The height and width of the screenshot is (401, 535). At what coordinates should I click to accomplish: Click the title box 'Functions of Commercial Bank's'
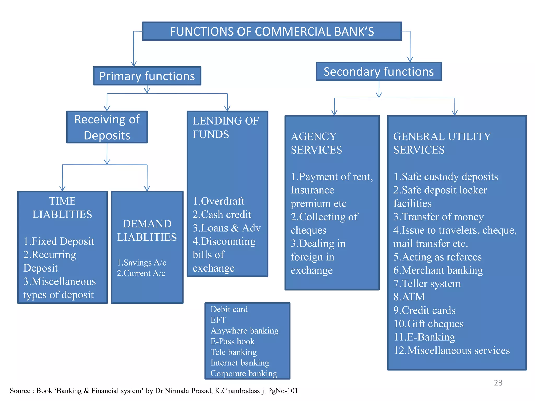click(272, 31)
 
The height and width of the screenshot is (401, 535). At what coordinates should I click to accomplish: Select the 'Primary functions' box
click(147, 76)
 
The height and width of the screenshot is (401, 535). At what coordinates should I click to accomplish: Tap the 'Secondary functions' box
click(379, 72)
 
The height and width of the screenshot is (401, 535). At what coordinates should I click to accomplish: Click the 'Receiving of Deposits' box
click(107, 127)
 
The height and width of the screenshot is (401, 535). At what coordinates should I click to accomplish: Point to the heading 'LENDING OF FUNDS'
click(225, 127)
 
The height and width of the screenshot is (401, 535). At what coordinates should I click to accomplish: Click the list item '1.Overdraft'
click(218, 201)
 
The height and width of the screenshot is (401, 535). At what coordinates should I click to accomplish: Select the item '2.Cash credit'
click(222, 214)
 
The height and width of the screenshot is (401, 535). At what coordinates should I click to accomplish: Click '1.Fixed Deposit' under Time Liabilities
click(59, 241)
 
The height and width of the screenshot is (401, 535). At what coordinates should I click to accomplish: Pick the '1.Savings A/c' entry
click(141, 262)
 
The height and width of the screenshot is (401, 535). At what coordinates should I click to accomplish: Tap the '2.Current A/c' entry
click(141, 273)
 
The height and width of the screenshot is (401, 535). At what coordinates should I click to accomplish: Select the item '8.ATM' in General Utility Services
click(409, 297)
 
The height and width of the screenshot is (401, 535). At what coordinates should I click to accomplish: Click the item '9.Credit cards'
click(424, 310)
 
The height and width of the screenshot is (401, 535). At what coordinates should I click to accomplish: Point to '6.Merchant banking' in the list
click(438, 270)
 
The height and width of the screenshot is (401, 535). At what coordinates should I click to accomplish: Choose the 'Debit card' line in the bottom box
click(229, 309)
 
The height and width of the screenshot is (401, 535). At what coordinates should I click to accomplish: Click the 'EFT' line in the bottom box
click(218, 320)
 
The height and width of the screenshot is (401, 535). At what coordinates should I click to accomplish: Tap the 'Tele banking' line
click(234, 352)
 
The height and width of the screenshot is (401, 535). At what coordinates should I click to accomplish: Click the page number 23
click(498, 383)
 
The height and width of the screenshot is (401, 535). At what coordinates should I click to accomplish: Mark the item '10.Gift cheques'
click(428, 324)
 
